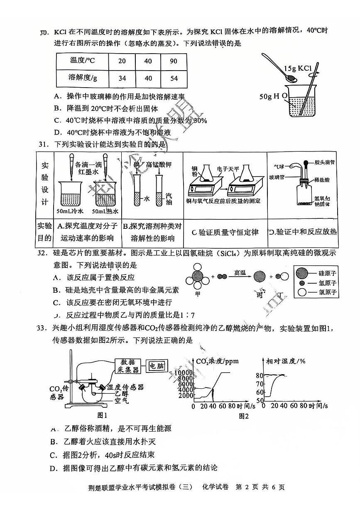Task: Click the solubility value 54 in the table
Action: (174, 77)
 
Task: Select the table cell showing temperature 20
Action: (122, 61)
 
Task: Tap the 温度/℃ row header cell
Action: (82, 61)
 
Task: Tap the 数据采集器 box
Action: (127, 365)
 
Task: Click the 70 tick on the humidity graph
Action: (260, 392)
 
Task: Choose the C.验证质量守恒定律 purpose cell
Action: (225, 232)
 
